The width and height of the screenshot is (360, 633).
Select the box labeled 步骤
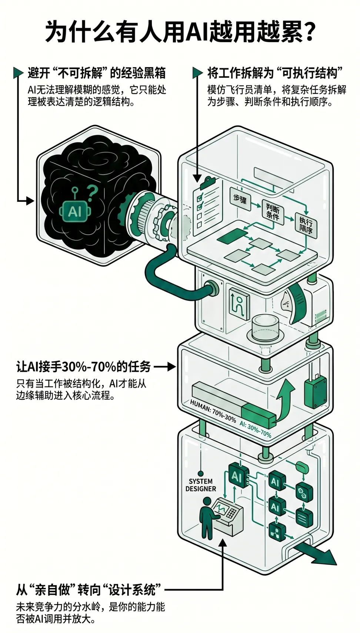pyautogui.click(x=240, y=199)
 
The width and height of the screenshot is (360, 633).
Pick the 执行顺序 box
pyautogui.click(x=306, y=225)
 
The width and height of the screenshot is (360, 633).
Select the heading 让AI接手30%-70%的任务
pyautogui.click(x=83, y=367)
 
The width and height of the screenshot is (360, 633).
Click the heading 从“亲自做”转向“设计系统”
pyautogui.click(x=89, y=590)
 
